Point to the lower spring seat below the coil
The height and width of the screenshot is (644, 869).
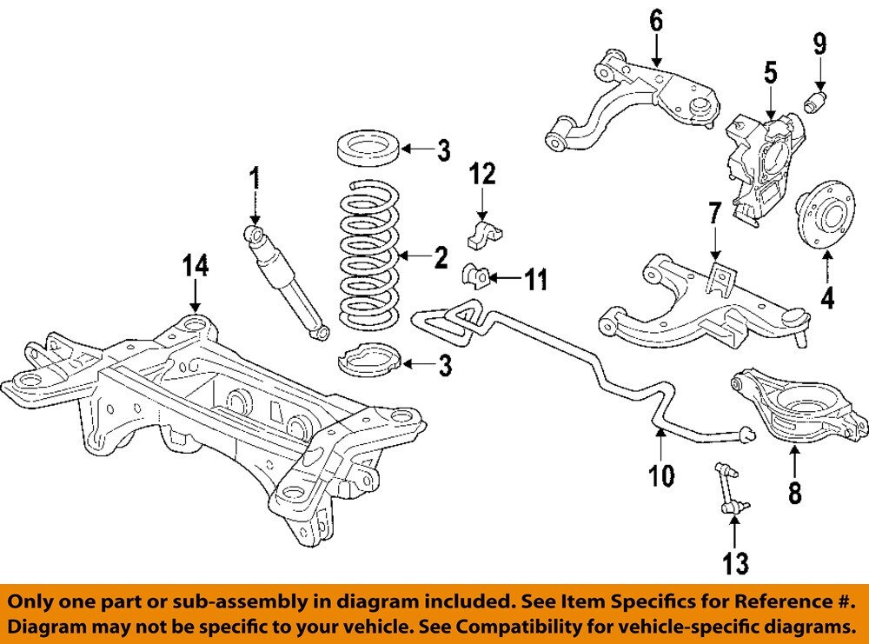click(x=368, y=360)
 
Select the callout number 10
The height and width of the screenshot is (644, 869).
click(x=660, y=475)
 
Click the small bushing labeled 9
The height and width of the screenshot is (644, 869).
click(x=818, y=99)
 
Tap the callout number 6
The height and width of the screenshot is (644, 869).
click(x=656, y=19)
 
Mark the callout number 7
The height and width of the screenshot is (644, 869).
click(x=714, y=212)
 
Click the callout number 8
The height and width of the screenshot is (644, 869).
click(x=794, y=493)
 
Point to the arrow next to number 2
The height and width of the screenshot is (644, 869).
click(x=413, y=256)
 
